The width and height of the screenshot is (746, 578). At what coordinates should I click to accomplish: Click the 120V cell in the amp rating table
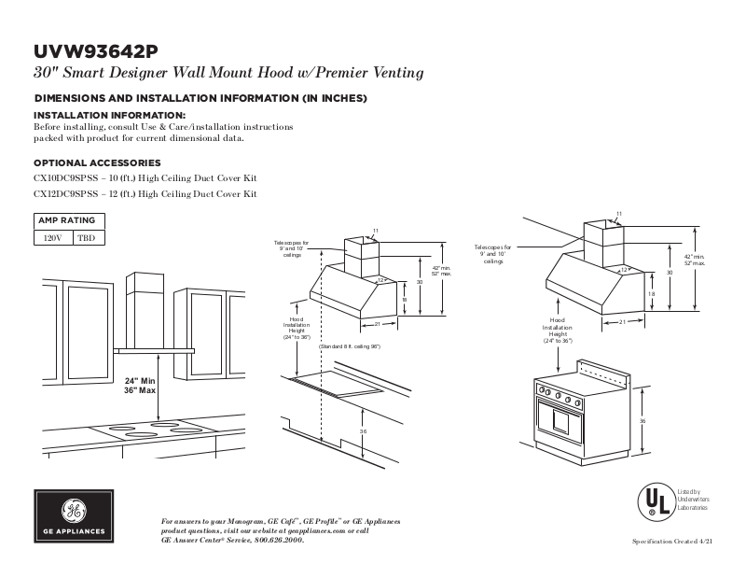click(53, 238)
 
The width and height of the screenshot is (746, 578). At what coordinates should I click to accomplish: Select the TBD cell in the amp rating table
click(86, 238)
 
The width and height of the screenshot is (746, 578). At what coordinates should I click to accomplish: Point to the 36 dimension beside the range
click(642, 422)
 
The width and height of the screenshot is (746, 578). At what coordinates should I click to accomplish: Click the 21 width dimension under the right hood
click(621, 322)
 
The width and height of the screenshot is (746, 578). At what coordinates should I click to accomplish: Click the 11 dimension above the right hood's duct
click(618, 214)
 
